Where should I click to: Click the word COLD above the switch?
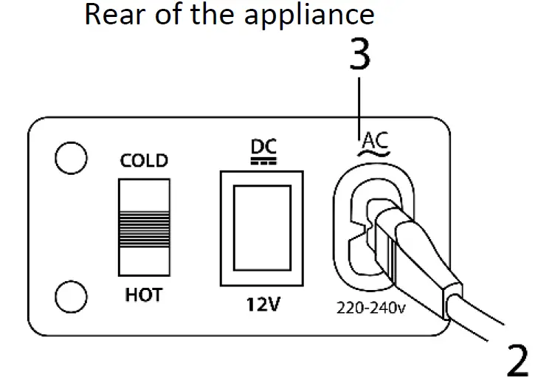tap(144, 161)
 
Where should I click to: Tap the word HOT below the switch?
tap(143, 295)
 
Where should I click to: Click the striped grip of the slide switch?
tap(144, 227)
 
